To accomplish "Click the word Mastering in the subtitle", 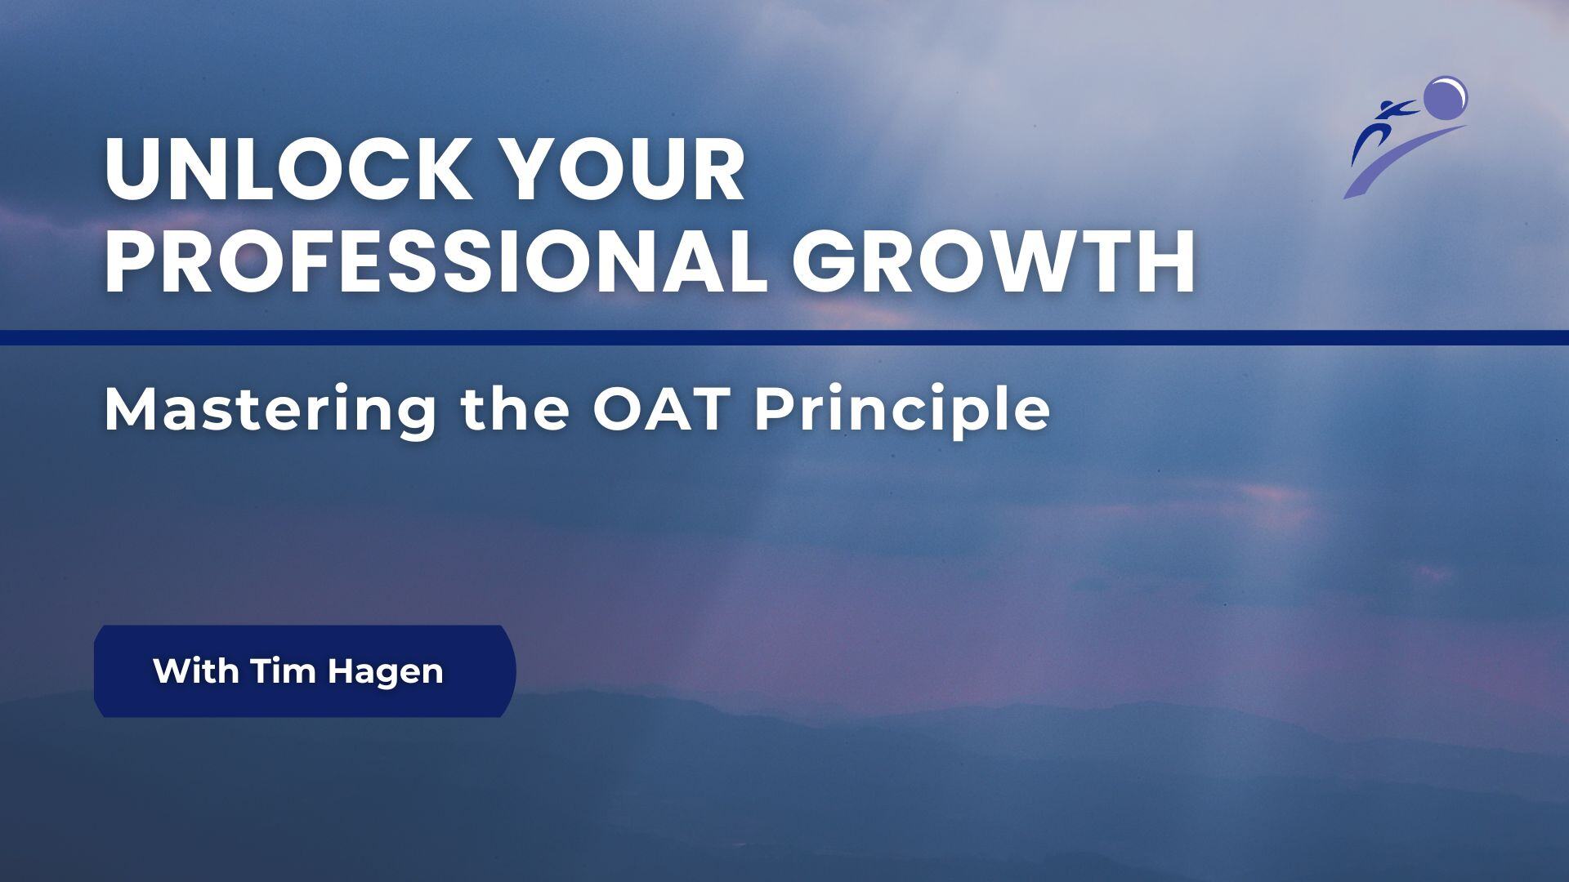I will pos(270,410).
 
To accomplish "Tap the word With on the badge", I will pos(196,671).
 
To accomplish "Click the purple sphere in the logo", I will pos(1445,96).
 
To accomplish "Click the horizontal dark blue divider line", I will pos(784,337).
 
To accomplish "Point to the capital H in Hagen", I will pos(339,671).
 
